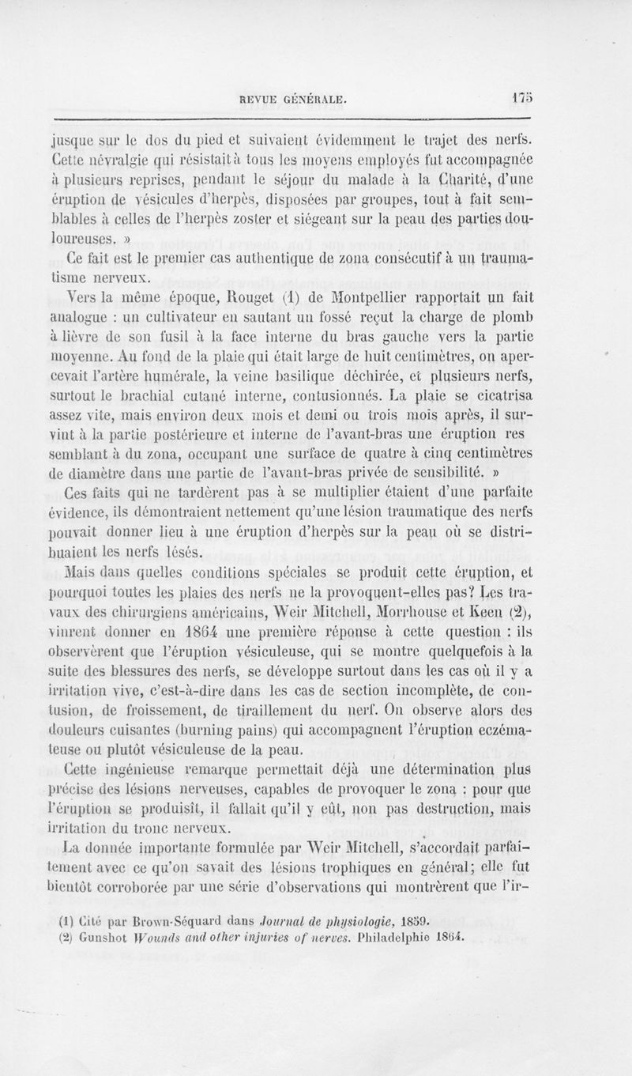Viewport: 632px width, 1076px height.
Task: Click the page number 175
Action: pyautogui.click(x=521, y=100)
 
